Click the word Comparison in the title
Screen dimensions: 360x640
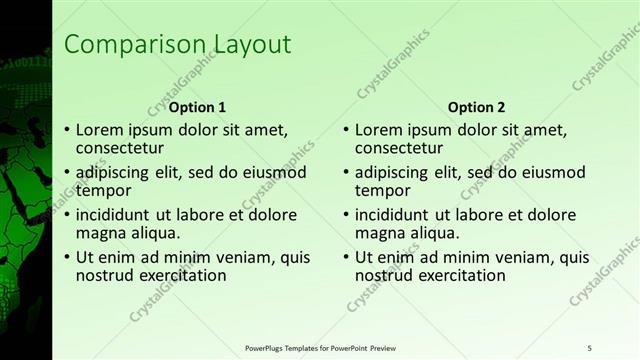pos(134,45)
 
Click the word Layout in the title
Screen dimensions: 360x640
pos(249,45)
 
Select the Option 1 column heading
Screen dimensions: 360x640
pos(197,107)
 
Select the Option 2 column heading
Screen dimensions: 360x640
pos(477,107)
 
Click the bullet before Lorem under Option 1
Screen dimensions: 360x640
pos(67,130)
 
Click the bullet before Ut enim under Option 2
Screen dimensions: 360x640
pos(347,256)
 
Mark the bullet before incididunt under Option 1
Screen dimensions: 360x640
pos(67,214)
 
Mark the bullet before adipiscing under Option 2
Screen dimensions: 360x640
pos(347,172)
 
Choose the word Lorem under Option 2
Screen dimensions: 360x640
pos(378,130)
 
